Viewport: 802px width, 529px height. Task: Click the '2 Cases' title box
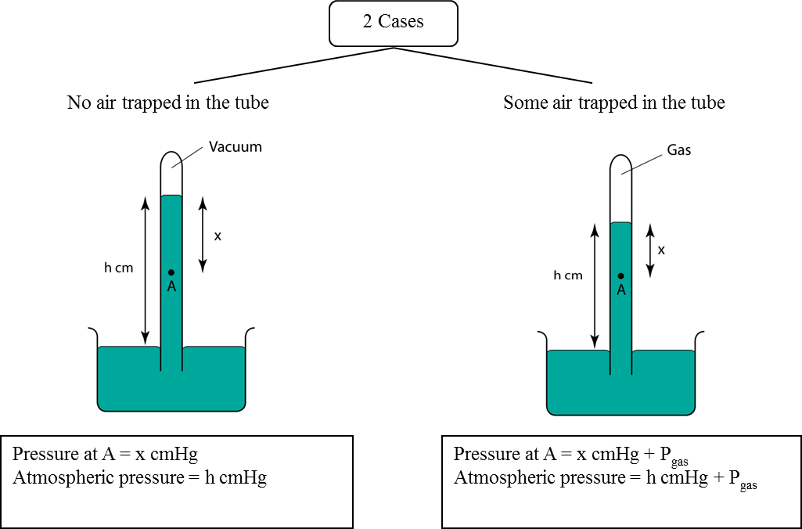[393, 23]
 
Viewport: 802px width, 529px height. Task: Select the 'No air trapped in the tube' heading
[167, 103]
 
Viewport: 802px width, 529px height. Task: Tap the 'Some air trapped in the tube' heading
[613, 103]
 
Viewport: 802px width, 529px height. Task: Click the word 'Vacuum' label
[235, 146]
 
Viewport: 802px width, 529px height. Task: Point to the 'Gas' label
[678, 150]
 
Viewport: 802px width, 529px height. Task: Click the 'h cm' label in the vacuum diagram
[119, 268]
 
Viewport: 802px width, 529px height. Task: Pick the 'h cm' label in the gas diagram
[568, 275]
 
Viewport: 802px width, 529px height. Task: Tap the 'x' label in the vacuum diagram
[218, 236]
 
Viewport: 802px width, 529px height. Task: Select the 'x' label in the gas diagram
[661, 250]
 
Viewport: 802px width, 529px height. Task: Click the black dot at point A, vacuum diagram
[171, 272]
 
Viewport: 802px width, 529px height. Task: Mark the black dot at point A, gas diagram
[620, 275]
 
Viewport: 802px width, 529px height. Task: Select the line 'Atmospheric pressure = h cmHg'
[139, 478]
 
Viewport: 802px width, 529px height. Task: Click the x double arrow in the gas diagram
[649, 250]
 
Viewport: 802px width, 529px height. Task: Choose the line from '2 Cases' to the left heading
[293, 65]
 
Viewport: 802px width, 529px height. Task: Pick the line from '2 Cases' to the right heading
[493, 65]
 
